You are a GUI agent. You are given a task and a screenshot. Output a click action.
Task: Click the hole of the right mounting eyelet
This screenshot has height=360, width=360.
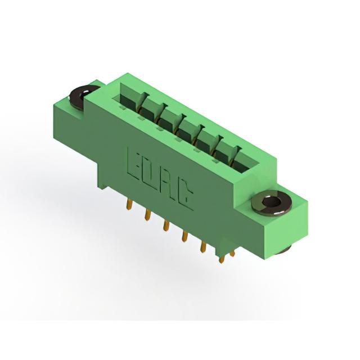[x=272, y=202]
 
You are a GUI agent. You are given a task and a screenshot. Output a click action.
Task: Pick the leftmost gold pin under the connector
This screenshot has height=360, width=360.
[x=130, y=204]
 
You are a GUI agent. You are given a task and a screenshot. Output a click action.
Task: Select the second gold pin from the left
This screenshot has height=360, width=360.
[x=147, y=215]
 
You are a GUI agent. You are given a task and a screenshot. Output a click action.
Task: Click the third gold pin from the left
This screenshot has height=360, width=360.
[x=166, y=225]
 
